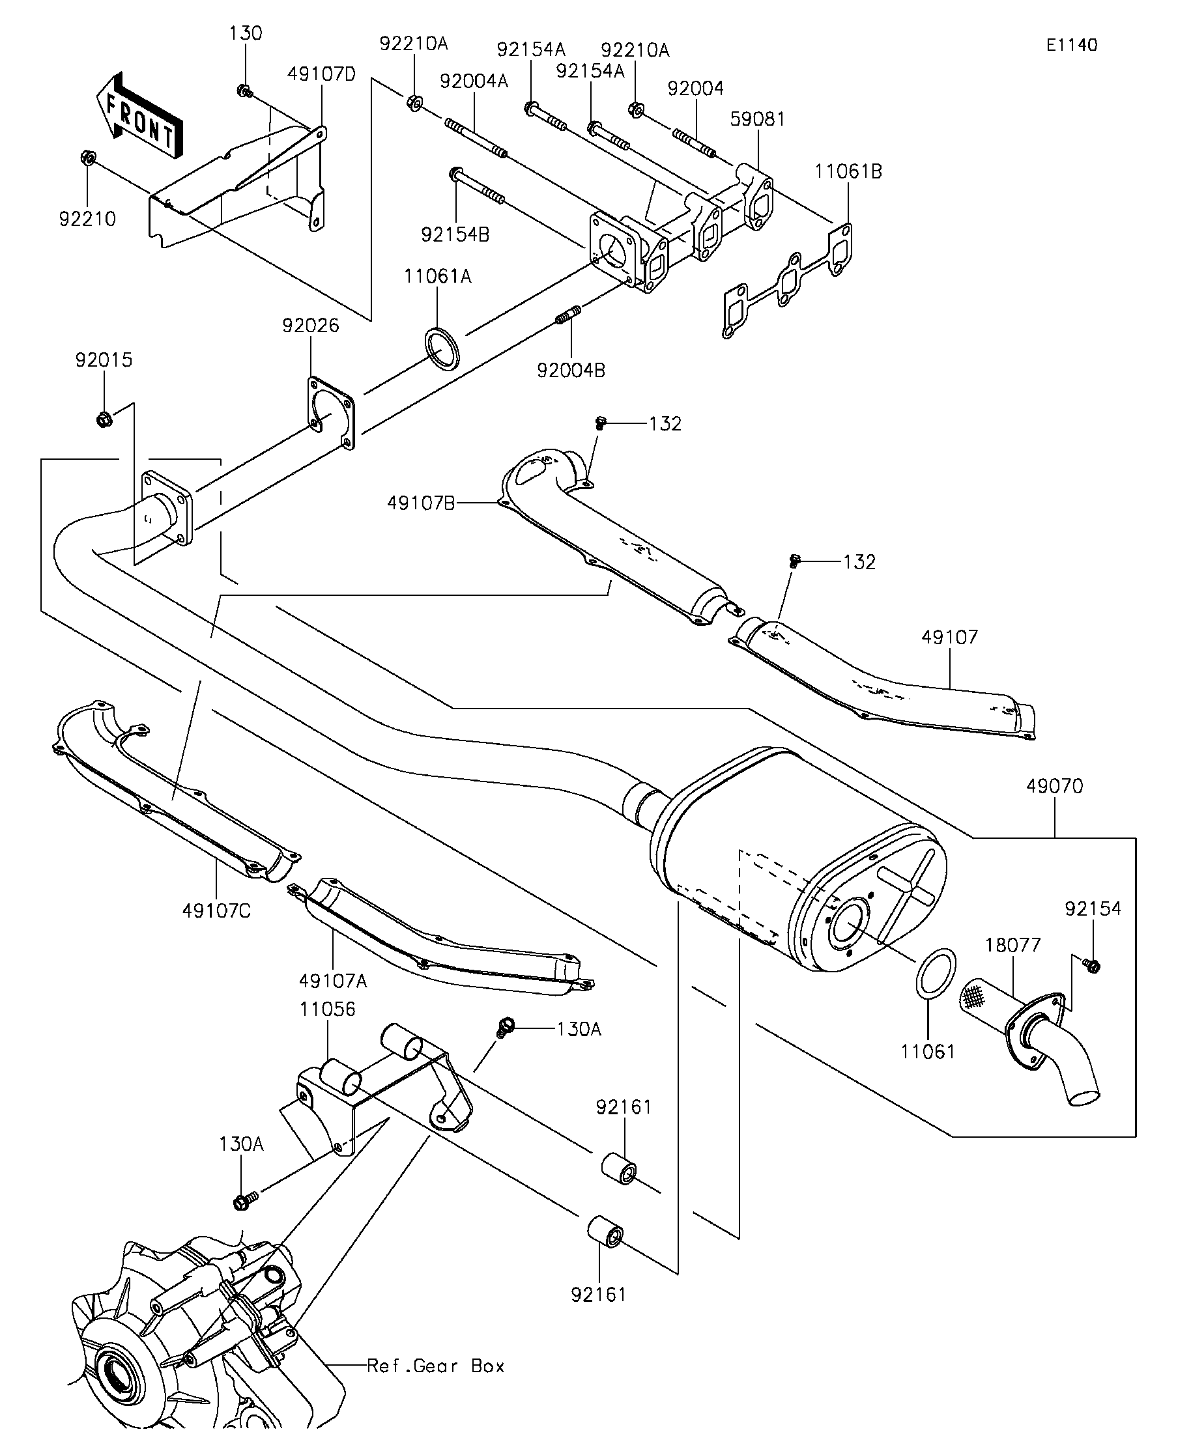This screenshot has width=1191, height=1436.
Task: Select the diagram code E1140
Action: point(1071,45)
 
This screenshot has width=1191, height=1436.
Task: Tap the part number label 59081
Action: point(757,119)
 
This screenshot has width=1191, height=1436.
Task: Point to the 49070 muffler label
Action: point(1054,787)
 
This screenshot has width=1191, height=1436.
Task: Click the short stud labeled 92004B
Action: point(567,317)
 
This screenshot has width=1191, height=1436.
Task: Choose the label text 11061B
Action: point(848,172)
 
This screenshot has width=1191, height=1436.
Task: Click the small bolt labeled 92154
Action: point(1092,966)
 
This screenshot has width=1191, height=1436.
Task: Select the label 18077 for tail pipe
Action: point(1012,945)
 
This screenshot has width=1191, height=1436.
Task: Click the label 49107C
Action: point(216,911)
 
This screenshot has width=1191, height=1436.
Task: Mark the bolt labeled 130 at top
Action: point(244,91)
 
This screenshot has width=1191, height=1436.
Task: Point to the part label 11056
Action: point(327,1009)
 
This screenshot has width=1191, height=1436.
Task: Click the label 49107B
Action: point(421,503)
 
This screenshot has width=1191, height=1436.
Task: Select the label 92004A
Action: point(474,82)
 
